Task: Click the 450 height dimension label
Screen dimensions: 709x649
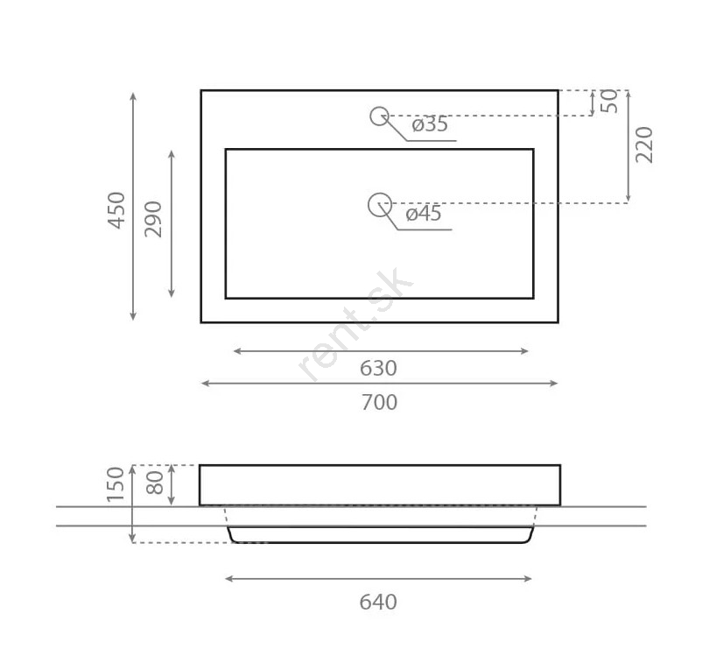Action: pyautogui.click(x=116, y=210)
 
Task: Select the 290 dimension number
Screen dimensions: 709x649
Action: pyautogui.click(x=153, y=219)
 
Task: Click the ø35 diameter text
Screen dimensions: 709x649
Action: pyautogui.click(x=430, y=124)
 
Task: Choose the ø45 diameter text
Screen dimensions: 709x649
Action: pyautogui.click(x=424, y=214)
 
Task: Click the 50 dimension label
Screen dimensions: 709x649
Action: pyautogui.click(x=609, y=101)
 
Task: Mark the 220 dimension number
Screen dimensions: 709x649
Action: pyautogui.click(x=644, y=145)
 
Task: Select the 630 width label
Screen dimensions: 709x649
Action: pyautogui.click(x=378, y=369)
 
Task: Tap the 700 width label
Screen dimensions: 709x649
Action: pyautogui.click(x=379, y=402)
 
